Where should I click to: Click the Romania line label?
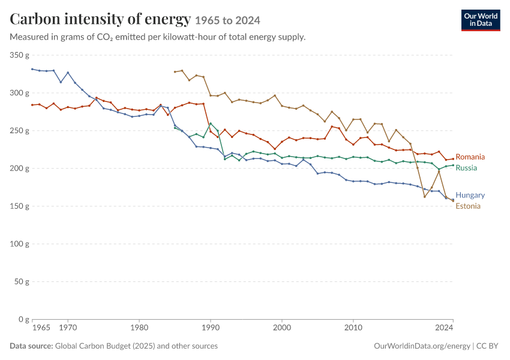tap(470, 157)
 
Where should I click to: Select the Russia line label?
tap(466, 168)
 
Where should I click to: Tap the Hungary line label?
tap(470, 195)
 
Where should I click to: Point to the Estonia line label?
tap(468, 206)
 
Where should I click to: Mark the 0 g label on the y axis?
tap(23, 319)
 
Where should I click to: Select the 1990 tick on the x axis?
tap(211, 327)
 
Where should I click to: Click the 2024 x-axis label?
tap(444, 327)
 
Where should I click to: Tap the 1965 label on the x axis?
tap(41, 327)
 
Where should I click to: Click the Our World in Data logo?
tap(481, 20)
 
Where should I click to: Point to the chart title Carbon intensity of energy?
tap(100, 19)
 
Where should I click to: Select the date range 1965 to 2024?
tap(227, 20)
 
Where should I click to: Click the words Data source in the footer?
tap(31, 346)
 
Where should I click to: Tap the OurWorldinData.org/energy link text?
tap(422, 346)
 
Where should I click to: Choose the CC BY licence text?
tap(487, 346)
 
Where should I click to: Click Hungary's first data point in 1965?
tap(32, 69)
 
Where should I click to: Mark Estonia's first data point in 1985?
tap(175, 71)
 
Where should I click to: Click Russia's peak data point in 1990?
tap(211, 124)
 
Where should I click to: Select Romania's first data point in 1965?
tap(32, 105)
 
